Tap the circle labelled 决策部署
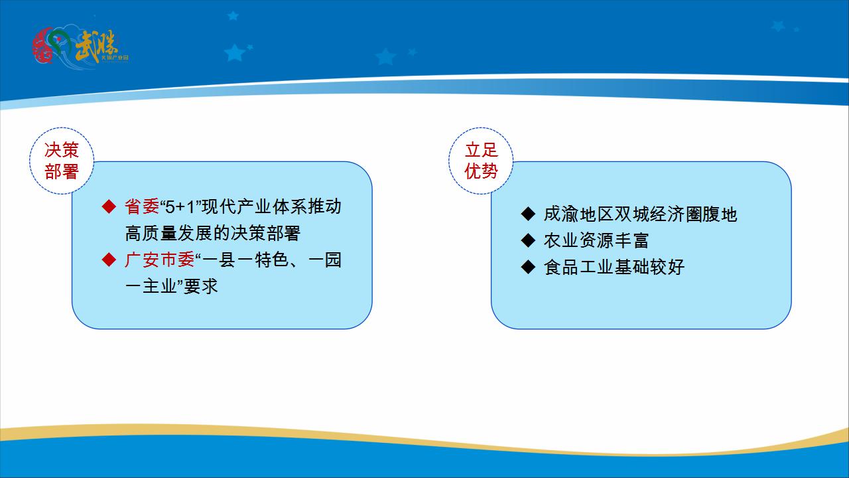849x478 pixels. [62, 161]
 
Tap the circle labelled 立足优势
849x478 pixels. [482, 161]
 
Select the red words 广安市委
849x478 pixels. [159, 260]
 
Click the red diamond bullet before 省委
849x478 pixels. [109, 206]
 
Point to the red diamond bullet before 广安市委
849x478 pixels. [109, 260]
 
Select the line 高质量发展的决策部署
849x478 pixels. [212, 233]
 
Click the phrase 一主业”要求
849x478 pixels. [171, 286]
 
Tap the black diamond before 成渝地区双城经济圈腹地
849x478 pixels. [528, 214]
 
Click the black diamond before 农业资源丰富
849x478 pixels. [528, 240]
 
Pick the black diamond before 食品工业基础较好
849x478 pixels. [528, 267]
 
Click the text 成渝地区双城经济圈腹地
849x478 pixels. [640, 214]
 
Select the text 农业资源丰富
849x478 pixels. [596, 240]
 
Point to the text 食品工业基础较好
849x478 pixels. [614, 267]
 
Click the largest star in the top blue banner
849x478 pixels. [235, 52]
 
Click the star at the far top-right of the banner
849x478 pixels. [778, 25]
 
